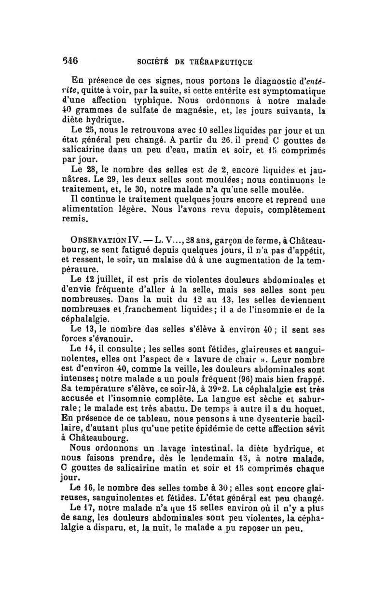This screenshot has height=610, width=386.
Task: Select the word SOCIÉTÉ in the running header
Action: point(153,62)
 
